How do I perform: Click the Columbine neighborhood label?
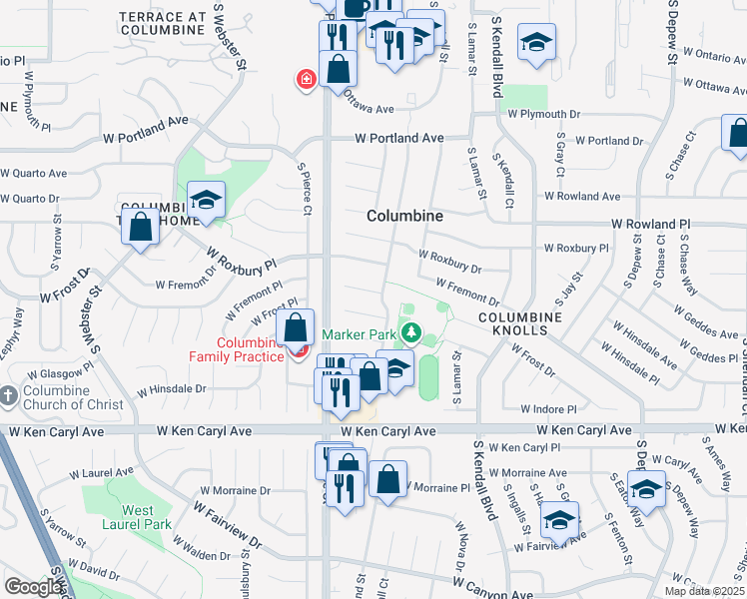point(404,216)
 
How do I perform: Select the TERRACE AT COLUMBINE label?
point(165,23)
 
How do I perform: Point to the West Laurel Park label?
point(136,516)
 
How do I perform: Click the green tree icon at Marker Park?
point(410,332)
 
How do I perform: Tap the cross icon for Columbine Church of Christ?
point(9,396)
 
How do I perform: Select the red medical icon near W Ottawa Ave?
point(305,79)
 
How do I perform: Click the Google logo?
point(33,587)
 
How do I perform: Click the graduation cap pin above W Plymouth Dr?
point(537,43)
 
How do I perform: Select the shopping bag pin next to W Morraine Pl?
point(387,480)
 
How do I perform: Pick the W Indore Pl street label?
point(549,409)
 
